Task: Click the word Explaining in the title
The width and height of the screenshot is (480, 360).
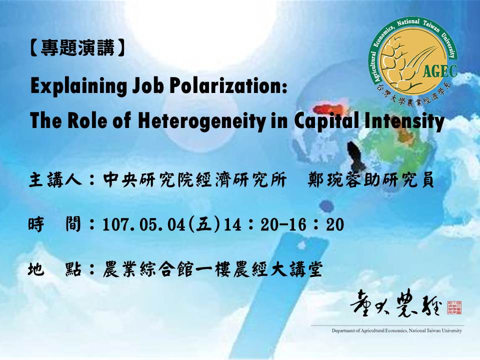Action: tap(78, 86)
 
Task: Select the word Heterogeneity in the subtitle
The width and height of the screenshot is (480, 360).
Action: tap(201, 121)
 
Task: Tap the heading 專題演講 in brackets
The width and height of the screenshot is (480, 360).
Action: tap(78, 48)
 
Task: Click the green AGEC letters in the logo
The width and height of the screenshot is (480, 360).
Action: tap(440, 71)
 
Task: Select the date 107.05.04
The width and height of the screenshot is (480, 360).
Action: tap(144, 224)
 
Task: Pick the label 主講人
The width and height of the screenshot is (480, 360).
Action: tap(55, 179)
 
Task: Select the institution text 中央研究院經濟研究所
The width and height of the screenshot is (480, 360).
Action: tap(195, 179)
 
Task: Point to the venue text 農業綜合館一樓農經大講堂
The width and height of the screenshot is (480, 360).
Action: tap(213, 269)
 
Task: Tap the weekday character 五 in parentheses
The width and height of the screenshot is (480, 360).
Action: tap(204, 224)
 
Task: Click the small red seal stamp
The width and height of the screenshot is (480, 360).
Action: tap(454, 307)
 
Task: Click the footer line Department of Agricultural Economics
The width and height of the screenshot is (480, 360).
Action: tap(396, 330)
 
